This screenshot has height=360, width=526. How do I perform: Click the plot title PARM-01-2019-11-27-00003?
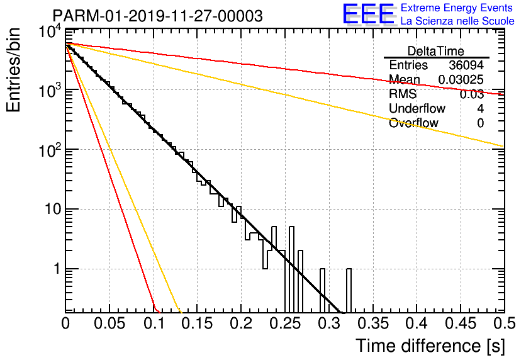tap(158, 16)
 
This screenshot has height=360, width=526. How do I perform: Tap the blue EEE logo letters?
tap(368, 14)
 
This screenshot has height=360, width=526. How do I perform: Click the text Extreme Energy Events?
tap(457, 8)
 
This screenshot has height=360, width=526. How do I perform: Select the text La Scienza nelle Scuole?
tap(457, 21)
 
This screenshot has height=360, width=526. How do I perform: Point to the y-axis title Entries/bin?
tap(13, 70)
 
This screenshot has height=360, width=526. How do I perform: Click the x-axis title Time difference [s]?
tap(430, 346)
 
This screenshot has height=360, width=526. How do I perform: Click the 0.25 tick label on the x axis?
tap(286, 323)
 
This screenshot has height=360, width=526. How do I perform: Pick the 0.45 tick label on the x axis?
tap(461, 323)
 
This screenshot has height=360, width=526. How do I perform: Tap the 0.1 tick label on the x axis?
tap(154, 323)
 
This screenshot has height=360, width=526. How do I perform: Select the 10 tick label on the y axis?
tap(53, 210)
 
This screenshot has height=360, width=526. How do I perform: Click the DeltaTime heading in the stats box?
tap(436, 51)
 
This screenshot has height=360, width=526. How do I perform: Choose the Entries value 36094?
tap(466, 65)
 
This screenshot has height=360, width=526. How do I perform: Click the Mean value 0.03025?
tap(461, 79)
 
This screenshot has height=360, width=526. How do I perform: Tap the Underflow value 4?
tap(480, 108)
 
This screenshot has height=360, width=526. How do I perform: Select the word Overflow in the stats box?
tap(413, 123)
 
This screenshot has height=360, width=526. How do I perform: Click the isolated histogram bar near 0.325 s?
tap(349, 290)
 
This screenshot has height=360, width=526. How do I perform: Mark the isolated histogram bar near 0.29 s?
tap(322, 290)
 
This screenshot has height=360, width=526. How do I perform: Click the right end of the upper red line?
tap(504, 94)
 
